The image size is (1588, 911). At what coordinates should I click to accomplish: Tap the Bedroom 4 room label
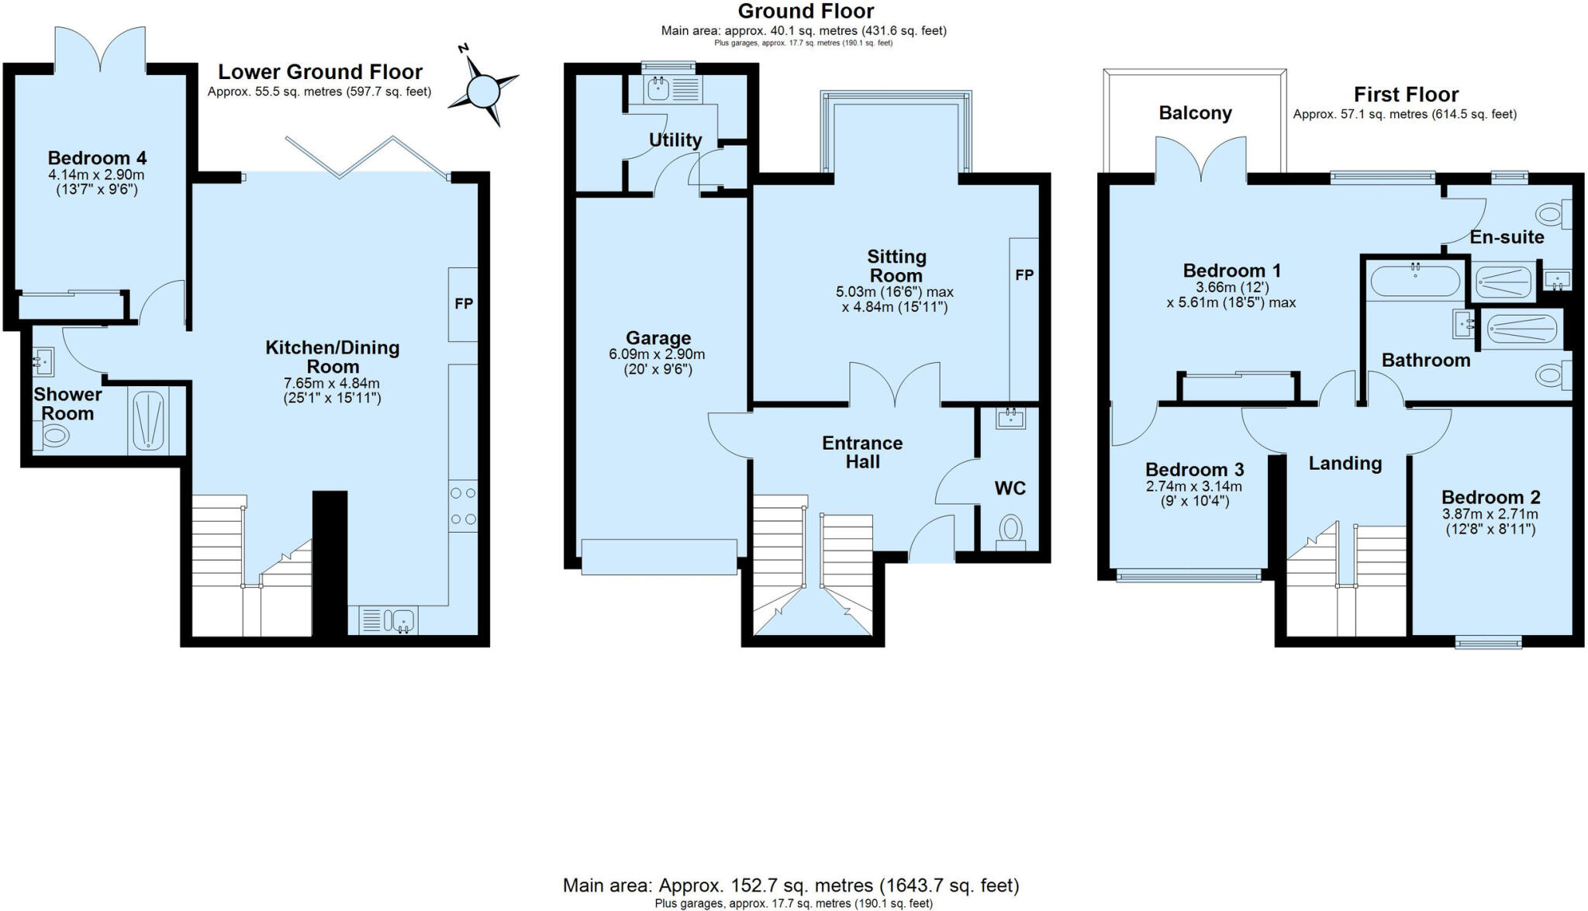click(x=97, y=158)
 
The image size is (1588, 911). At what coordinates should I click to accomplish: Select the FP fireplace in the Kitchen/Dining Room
click(x=463, y=304)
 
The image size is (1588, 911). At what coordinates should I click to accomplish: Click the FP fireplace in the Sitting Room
click(x=1024, y=275)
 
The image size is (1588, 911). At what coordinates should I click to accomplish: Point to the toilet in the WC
click(x=1010, y=530)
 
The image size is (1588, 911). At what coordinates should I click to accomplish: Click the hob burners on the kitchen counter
click(x=463, y=506)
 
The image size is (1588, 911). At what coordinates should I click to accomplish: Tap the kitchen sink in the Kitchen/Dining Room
click(x=403, y=620)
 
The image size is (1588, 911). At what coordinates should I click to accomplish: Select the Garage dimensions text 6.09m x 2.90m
click(x=657, y=354)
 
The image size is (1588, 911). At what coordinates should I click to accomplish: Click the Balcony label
click(x=1195, y=113)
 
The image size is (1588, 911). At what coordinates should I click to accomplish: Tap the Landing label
click(x=1345, y=464)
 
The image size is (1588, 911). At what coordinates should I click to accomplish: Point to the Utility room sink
click(x=658, y=89)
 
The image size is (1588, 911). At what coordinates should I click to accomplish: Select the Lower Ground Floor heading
click(x=319, y=72)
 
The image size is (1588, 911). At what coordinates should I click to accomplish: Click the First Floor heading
click(x=1406, y=95)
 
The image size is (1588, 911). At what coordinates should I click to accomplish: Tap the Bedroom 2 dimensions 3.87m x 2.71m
click(x=1490, y=514)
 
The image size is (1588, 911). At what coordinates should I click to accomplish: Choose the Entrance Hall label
click(x=862, y=452)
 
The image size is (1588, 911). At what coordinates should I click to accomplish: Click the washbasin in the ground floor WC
click(x=1011, y=419)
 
